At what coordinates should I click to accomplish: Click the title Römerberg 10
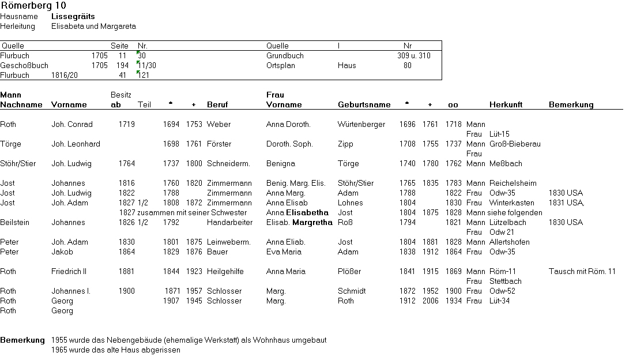(x=33, y=6)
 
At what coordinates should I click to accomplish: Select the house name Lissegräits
(x=73, y=17)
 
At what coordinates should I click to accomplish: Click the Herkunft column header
(x=506, y=105)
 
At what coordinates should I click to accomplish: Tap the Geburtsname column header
(x=364, y=105)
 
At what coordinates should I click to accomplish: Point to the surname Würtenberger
(x=361, y=125)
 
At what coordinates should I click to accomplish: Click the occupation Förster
(x=219, y=144)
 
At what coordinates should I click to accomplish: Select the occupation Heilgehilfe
(x=224, y=272)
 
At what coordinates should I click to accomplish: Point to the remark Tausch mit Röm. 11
(x=582, y=272)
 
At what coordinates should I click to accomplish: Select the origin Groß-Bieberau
(x=515, y=144)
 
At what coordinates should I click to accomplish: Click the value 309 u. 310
(x=413, y=56)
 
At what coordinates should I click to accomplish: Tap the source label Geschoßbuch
(x=24, y=66)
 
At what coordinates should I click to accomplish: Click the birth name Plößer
(x=349, y=272)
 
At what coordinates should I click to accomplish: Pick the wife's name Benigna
(x=280, y=164)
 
